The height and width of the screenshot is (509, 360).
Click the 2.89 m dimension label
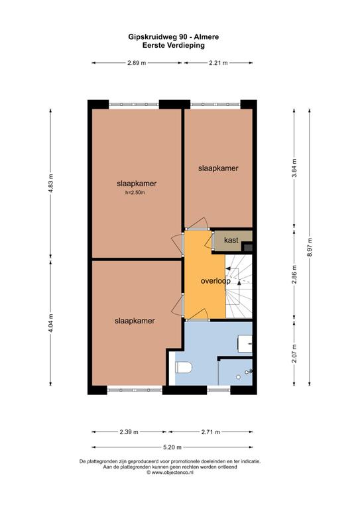(137, 63)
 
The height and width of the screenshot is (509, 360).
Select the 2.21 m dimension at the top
(218, 63)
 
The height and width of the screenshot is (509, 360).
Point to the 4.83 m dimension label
(50, 184)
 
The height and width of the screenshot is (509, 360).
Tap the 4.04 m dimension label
(50, 323)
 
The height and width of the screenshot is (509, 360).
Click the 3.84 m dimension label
(294, 168)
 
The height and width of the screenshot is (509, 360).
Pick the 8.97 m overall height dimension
(310, 247)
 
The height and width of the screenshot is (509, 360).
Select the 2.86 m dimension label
(294, 274)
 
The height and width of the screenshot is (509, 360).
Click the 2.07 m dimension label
(294, 353)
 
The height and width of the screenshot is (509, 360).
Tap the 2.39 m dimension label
(129, 432)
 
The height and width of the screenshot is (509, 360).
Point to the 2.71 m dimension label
(210, 432)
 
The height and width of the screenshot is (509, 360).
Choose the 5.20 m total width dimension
(172, 447)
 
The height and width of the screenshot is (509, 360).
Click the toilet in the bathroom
(184, 367)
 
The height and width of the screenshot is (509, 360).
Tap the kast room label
(231, 240)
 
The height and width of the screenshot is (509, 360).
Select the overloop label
(215, 281)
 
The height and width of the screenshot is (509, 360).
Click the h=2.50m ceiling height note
(135, 192)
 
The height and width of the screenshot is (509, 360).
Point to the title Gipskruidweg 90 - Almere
(173, 37)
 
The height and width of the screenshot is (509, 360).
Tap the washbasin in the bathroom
(245, 344)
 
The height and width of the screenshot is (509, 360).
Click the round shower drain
(238, 377)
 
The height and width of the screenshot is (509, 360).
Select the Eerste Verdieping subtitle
(173, 46)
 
